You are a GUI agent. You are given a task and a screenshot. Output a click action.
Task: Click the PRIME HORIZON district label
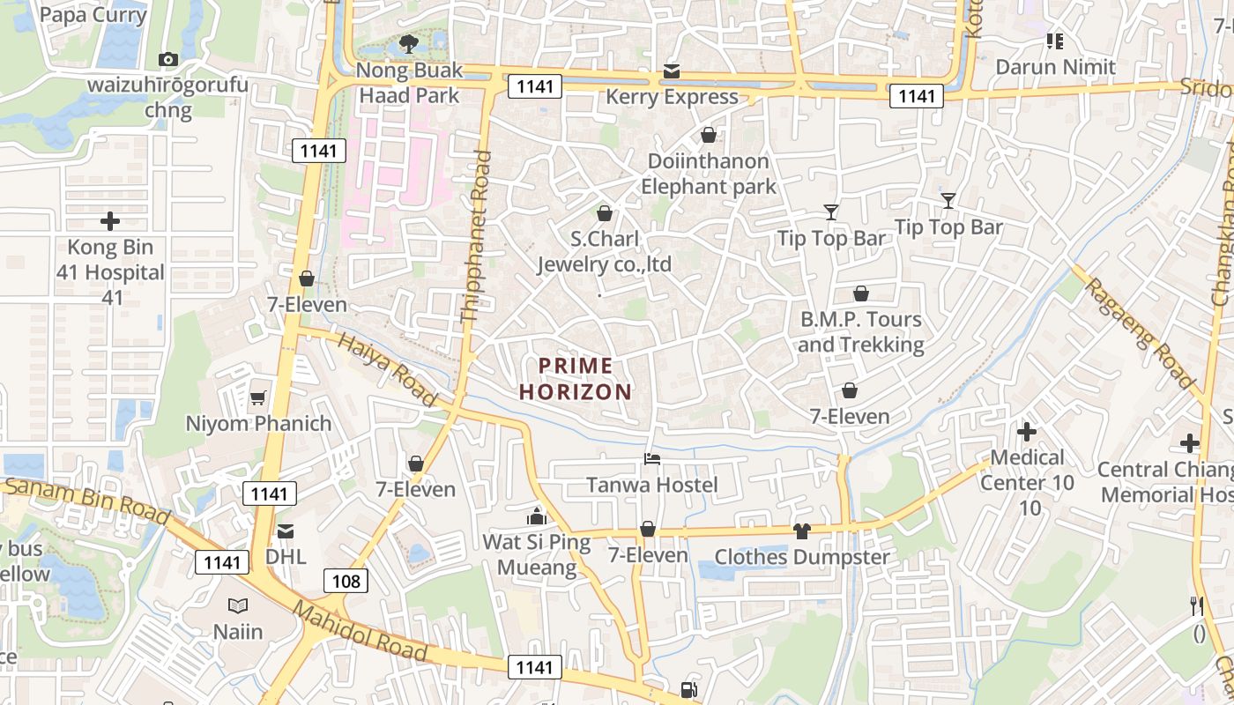576,379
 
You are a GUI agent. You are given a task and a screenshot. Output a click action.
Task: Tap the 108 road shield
346,581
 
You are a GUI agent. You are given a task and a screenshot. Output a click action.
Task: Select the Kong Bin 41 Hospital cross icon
110,221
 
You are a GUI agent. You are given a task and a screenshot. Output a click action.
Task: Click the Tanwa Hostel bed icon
652,458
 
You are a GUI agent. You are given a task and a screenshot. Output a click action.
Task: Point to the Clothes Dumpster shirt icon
801,531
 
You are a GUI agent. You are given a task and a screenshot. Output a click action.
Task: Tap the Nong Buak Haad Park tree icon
408,43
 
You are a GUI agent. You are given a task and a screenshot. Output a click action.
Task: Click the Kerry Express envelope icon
672,70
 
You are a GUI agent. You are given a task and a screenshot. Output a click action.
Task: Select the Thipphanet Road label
476,236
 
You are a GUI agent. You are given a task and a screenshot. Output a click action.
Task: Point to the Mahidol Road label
360,631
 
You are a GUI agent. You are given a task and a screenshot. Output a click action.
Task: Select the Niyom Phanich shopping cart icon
257,397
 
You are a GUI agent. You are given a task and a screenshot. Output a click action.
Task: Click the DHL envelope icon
286,531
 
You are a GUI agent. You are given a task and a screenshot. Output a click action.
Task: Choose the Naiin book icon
238,605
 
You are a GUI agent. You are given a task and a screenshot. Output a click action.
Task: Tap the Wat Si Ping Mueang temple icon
536,516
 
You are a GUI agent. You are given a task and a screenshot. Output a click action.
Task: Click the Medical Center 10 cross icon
1027,432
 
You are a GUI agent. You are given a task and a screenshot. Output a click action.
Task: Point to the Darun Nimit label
1055,67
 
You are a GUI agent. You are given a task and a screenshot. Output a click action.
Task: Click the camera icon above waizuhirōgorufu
167,59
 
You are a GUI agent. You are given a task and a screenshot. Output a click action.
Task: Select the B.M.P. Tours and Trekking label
860,331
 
